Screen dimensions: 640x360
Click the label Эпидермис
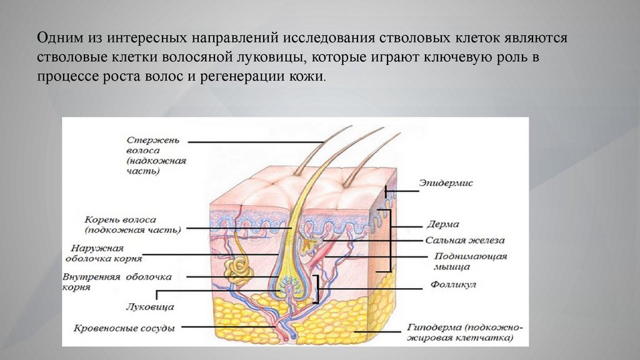coord(446,183)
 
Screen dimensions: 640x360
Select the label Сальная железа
coord(465,239)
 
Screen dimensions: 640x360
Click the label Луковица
coord(149,307)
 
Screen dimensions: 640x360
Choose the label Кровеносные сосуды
coord(124,327)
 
